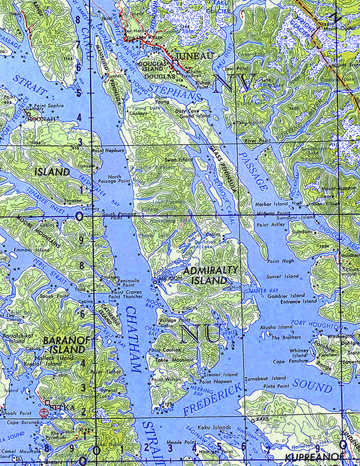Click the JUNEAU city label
[x=194, y=57]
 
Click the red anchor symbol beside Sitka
[x=43, y=413]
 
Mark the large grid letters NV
[x=235, y=82]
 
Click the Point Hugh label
[x=280, y=260]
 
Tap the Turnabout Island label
[x=265, y=378]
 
